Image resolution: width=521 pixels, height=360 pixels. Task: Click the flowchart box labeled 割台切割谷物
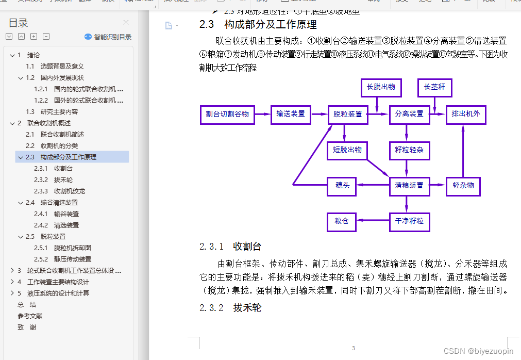227,114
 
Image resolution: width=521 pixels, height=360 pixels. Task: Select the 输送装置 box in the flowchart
291,114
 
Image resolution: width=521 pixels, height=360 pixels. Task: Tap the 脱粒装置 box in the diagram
348,114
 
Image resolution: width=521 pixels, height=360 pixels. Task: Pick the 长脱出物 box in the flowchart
381,87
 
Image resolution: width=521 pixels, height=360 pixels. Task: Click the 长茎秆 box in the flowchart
434,87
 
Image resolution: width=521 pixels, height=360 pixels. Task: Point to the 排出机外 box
466,114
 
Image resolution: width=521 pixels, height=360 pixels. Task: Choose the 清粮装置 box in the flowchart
409,186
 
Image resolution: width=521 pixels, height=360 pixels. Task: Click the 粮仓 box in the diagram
342,221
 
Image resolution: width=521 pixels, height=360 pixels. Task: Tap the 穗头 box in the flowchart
342,186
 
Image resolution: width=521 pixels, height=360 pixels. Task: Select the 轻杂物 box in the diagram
463,186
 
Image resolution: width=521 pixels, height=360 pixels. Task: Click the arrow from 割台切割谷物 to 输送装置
263,114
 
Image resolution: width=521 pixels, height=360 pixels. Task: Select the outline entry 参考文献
30,316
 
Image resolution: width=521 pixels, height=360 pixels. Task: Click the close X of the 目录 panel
126,23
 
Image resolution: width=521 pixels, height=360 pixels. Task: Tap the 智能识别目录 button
108,37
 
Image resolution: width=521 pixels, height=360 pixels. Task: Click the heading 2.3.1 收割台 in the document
230,247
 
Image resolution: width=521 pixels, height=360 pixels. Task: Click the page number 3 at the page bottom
354,348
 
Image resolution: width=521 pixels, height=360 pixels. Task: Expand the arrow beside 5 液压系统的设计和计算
12,293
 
